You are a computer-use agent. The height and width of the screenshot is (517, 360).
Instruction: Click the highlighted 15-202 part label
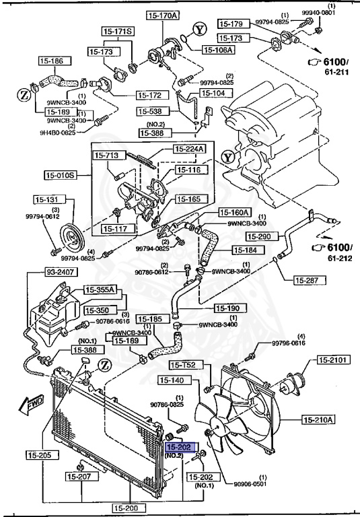pos(180,446)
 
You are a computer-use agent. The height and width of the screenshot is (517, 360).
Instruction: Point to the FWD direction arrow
pos(32,405)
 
